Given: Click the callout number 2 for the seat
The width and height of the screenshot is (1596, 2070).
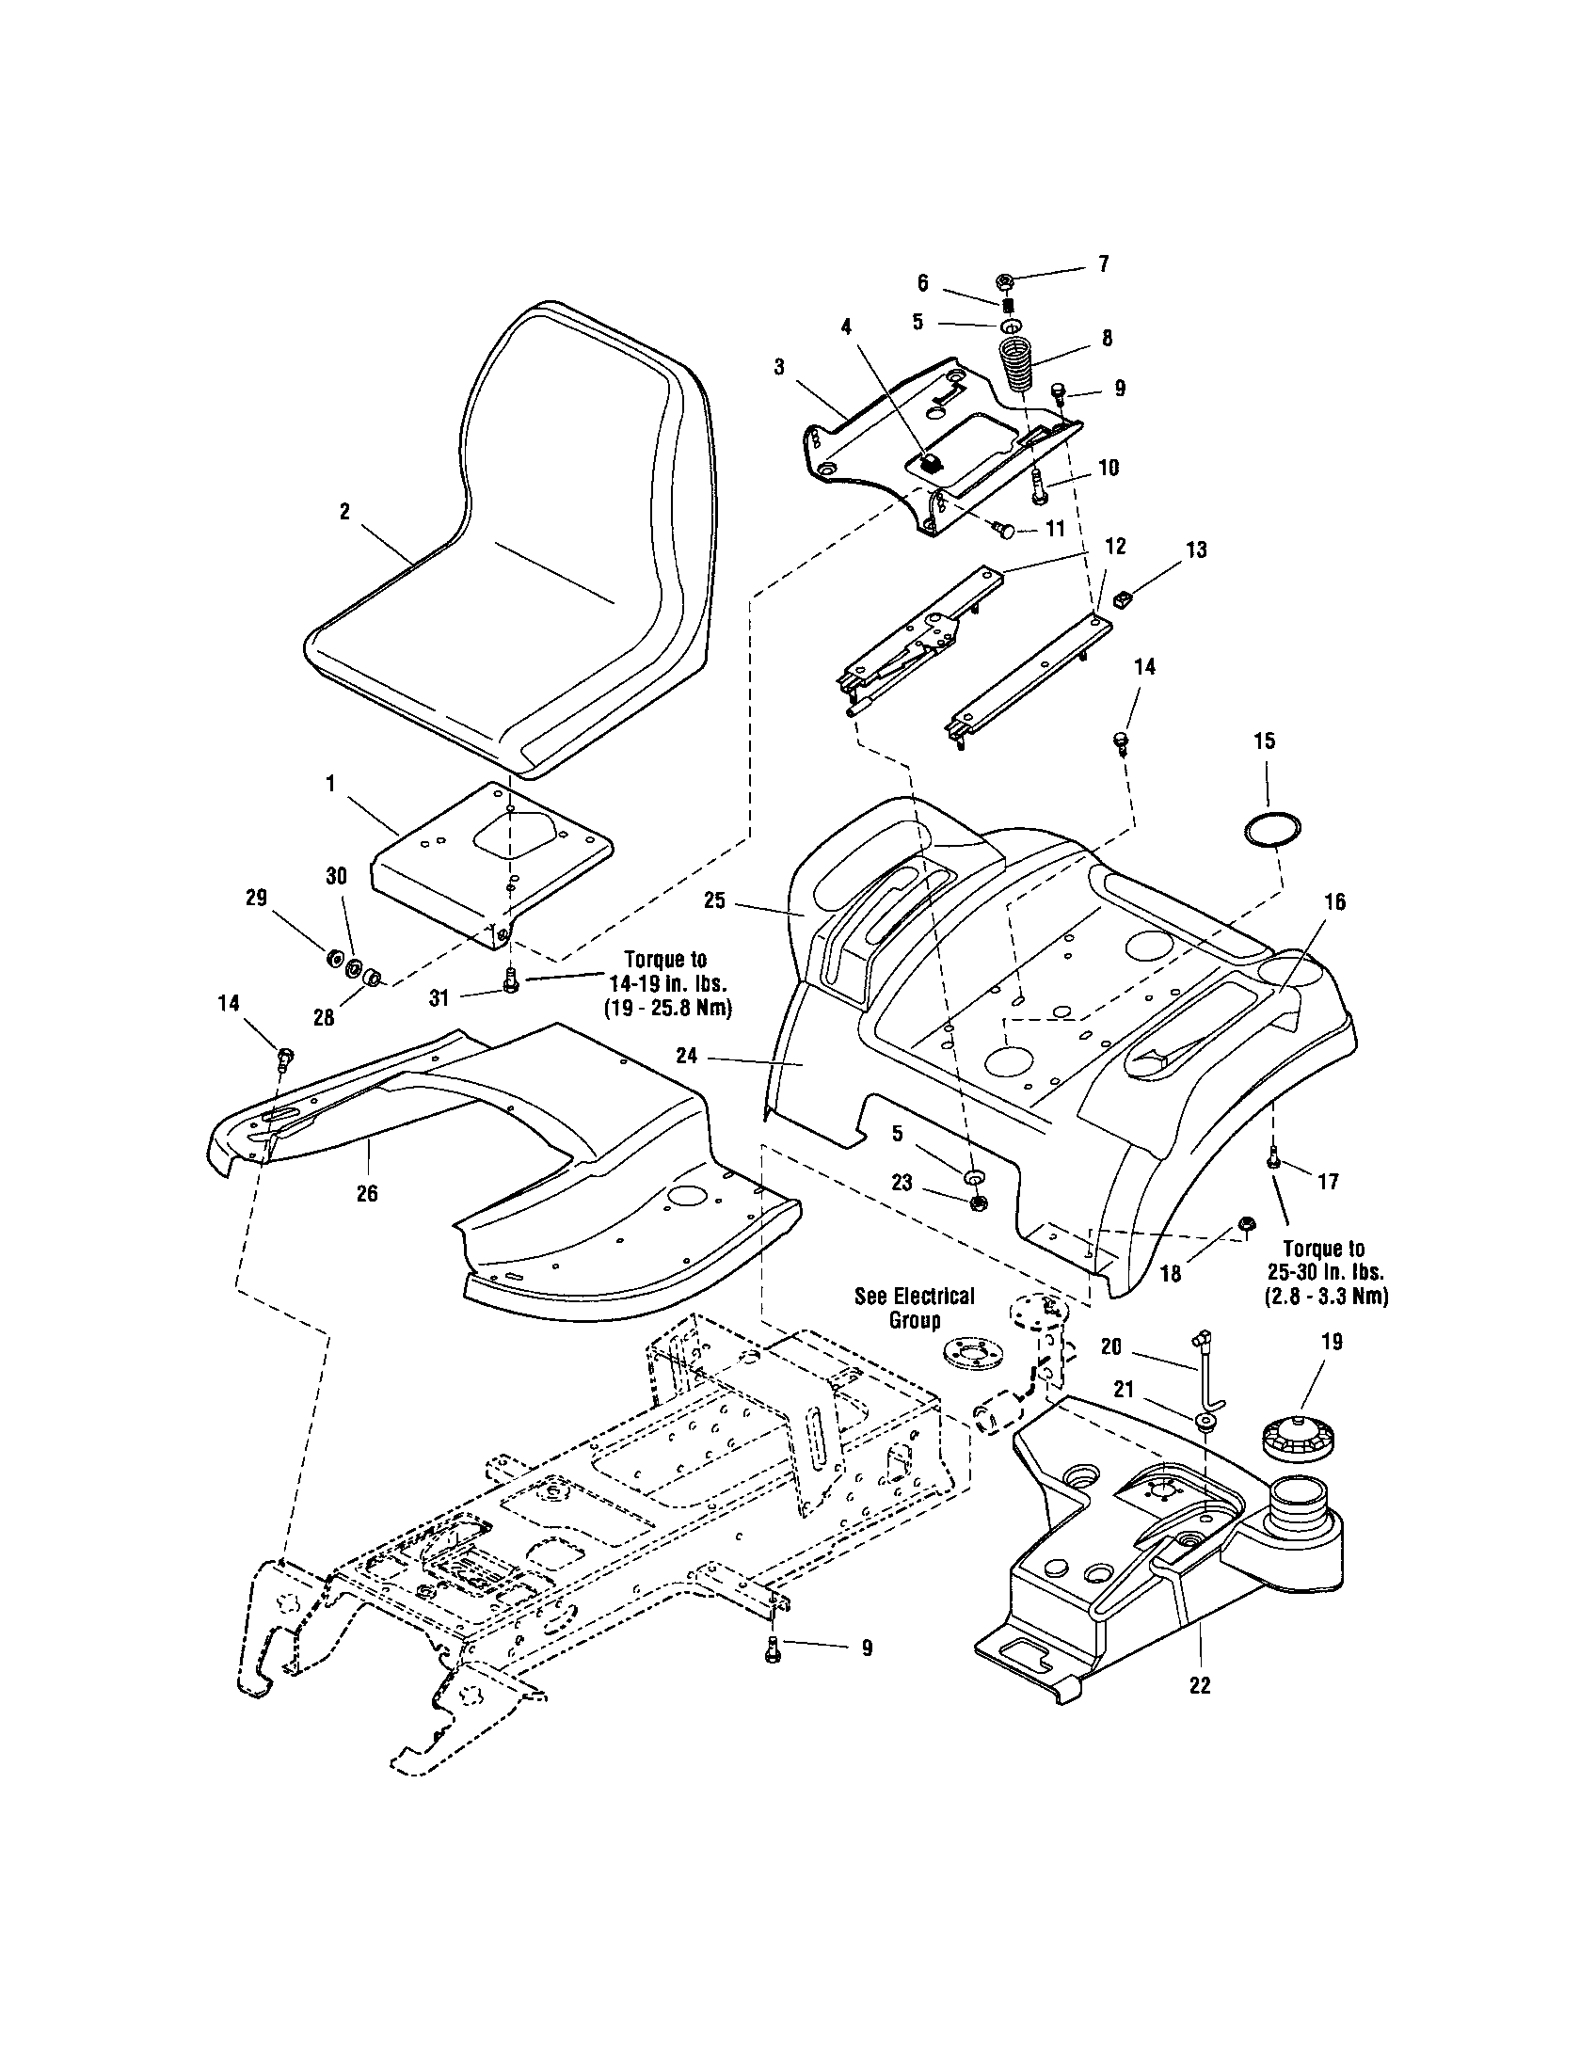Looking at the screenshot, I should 344,512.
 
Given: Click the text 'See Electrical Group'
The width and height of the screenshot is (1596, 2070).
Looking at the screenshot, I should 914,1308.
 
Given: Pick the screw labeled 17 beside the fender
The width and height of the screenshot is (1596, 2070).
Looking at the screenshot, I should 1273,1156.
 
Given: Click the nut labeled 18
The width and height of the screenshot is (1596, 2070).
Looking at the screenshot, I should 1246,1225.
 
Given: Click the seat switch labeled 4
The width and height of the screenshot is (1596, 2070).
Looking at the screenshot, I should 931,464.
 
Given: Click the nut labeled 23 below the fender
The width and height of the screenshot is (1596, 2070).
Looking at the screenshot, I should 979,1202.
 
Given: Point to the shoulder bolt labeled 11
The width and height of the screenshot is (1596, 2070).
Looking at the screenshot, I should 1008,531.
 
